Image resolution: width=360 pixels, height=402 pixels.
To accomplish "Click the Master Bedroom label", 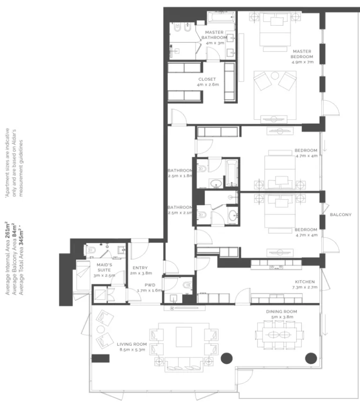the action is coord(302,54).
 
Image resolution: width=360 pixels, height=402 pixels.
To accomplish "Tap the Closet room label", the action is coord(207,79).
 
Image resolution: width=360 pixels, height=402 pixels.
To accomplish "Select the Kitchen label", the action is coord(305,282).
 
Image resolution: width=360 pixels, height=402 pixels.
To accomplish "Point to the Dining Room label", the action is coord(281,312).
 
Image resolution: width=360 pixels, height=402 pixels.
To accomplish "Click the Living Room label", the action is coord(132,344).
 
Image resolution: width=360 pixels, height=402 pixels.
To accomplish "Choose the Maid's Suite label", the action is coord(104,268).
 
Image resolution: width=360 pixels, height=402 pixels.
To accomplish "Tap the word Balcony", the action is coord(340,215).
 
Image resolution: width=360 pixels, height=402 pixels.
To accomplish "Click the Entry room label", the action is coord(140,268).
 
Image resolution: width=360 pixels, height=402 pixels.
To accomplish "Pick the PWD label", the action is coord(150,285).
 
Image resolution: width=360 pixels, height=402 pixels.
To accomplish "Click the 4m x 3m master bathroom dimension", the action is coord(215,43).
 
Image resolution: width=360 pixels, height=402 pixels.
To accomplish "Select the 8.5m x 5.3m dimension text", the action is coord(132,350).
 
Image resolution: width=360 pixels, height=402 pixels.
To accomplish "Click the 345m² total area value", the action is coord(22,238).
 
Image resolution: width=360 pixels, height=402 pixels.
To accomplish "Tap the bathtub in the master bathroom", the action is coord(221,17).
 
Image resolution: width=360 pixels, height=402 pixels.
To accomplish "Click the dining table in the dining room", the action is coord(279,335).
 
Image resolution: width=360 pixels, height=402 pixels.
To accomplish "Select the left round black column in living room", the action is coord(227,358).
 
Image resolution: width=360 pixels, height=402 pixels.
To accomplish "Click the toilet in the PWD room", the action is coord(187,285).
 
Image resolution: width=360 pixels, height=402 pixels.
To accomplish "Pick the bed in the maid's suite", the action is coord(83,276).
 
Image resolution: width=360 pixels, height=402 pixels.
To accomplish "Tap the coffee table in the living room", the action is coord(184,336).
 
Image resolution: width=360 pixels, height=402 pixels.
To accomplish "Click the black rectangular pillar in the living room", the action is coord(100,358).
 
